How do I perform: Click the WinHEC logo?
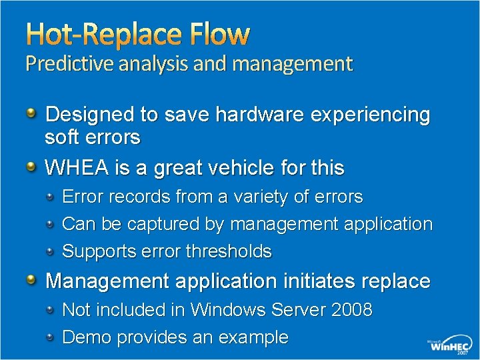pos(449,346)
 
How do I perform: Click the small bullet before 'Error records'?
pos(51,197)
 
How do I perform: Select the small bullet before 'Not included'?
pos(51,309)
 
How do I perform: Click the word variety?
pos(275,197)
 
